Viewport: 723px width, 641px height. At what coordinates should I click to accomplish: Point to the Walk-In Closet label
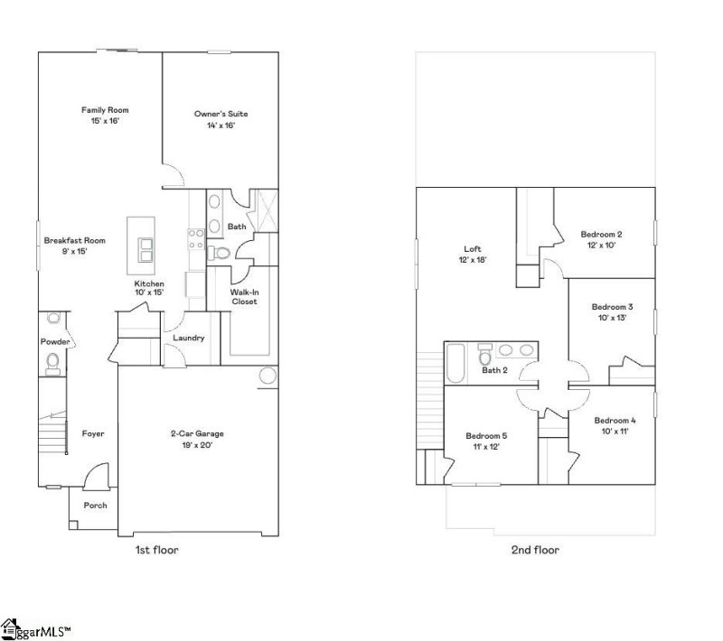[244, 297]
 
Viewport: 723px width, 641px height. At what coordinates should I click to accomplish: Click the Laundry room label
[189, 339]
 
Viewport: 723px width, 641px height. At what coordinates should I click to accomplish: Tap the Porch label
[95, 506]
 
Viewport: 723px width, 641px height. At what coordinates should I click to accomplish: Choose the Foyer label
[93, 434]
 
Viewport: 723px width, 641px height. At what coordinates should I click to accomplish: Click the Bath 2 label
[494, 370]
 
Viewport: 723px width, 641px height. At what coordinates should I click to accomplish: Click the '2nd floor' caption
[536, 550]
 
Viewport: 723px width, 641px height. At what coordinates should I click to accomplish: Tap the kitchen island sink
[145, 248]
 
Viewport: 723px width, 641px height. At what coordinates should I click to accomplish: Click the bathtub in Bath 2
[455, 363]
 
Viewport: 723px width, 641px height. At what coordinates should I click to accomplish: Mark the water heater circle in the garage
[268, 376]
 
